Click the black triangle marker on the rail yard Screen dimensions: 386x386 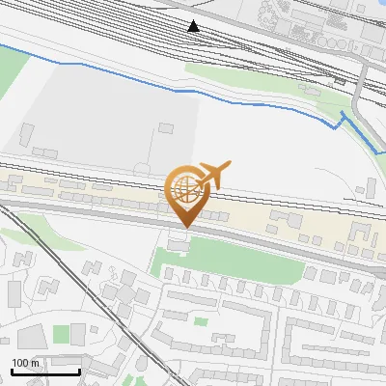(x=194, y=25)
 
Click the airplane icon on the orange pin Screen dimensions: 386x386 (x=213, y=174)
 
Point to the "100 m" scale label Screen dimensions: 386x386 (x=25, y=363)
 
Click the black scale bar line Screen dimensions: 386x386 (x=45, y=372)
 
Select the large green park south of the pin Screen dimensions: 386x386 (x=203, y=260)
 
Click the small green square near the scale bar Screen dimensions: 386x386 (x=62, y=334)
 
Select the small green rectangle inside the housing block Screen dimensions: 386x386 (x=201, y=321)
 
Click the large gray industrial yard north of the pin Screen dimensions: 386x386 (x=106, y=111)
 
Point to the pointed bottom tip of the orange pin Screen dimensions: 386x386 (x=185, y=226)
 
